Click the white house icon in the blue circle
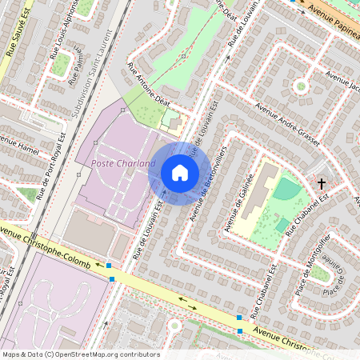point(179,173)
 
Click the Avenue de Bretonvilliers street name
point(210,185)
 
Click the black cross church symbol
point(322,184)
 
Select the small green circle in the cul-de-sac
point(301,86)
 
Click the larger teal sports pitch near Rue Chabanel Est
point(286,190)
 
